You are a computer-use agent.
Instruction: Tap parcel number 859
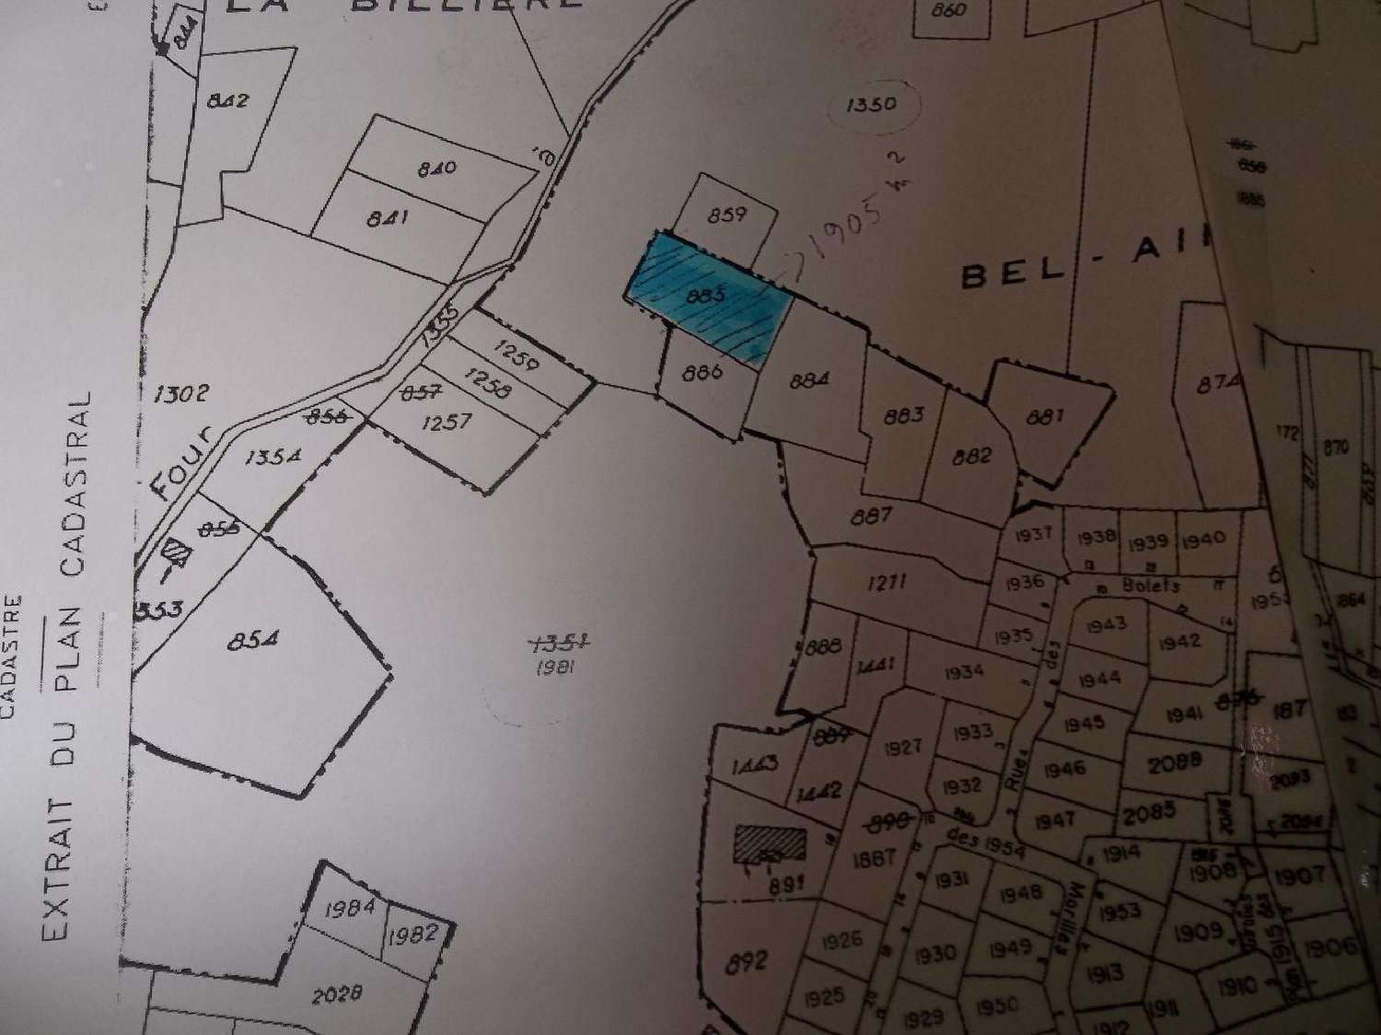(x=726, y=215)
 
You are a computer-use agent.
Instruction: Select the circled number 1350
(x=870, y=103)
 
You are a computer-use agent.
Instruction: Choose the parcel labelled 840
(x=435, y=169)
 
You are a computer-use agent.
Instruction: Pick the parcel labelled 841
(x=387, y=218)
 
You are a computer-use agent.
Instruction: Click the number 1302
(x=180, y=393)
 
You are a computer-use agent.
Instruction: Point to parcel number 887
(x=870, y=516)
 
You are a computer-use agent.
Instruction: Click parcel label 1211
(x=888, y=581)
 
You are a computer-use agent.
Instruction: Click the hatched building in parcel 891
(x=769, y=843)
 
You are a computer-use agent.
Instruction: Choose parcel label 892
(x=746, y=962)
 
